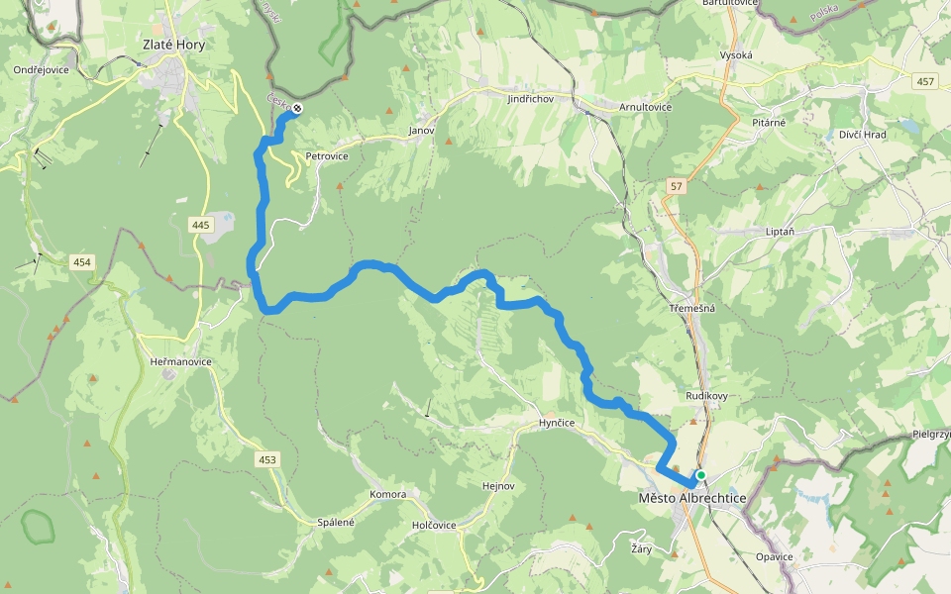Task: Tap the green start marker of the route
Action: click(x=701, y=475)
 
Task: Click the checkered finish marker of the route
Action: click(x=296, y=108)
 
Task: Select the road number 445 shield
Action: click(x=202, y=225)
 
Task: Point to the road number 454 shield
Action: click(x=82, y=262)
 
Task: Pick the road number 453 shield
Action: click(x=267, y=459)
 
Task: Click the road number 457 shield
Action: click(x=925, y=81)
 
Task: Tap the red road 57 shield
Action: click(x=677, y=186)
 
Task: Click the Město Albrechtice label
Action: click(x=692, y=498)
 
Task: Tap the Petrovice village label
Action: click(x=327, y=156)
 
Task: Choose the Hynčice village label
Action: click(x=557, y=423)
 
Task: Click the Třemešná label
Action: click(x=691, y=308)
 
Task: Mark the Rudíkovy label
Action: click(x=707, y=396)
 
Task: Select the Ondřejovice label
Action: click(x=41, y=70)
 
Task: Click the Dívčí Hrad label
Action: click(x=863, y=134)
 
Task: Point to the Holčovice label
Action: click(x=434, y=525)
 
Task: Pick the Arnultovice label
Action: click(x=645, y=107)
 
